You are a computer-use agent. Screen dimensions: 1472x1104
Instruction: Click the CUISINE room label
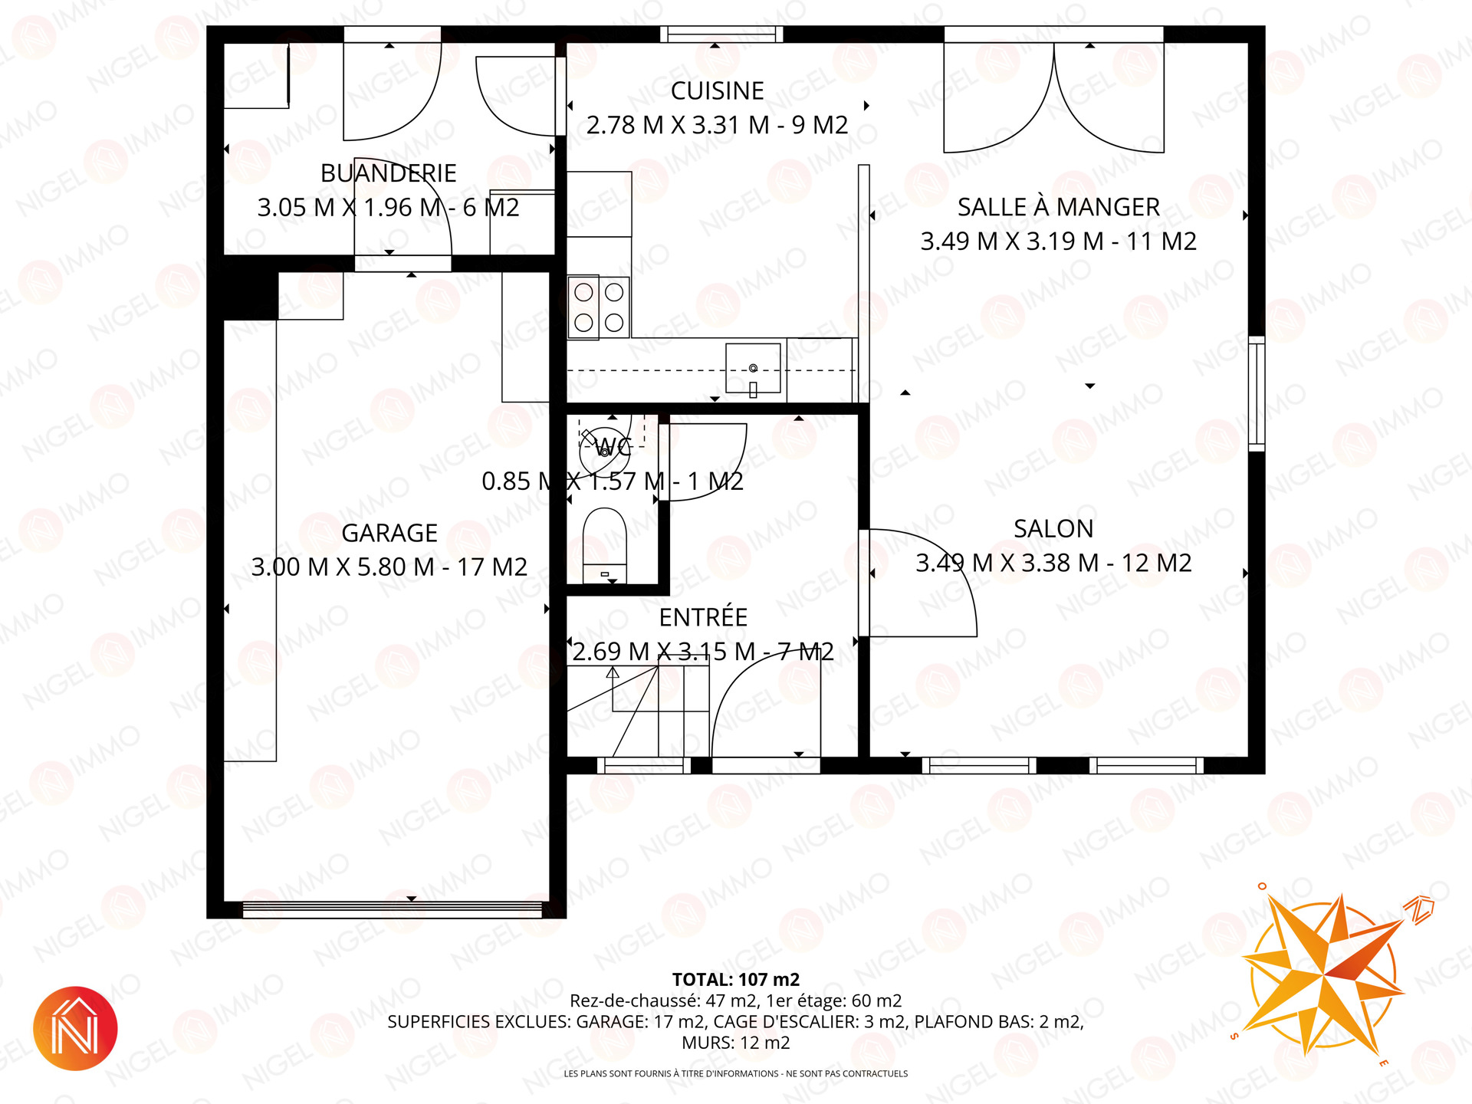pos(717,91)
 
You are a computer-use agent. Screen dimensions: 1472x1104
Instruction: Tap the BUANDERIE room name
pos(388,173)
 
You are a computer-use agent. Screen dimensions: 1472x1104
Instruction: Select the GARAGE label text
pos(389,533)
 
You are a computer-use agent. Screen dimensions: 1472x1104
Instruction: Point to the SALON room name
pos(1053,529)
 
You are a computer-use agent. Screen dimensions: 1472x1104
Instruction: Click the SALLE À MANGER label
pos(1059,207)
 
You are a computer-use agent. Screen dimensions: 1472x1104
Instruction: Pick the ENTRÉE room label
pos(703,617)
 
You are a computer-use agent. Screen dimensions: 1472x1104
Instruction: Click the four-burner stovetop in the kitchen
pos(599,307)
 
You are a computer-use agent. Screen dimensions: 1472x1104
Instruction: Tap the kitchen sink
pos(753,369)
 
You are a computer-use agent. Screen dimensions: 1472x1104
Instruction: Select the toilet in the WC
pos(605,545)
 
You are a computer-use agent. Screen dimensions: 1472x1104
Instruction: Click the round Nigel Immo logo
pos(75,1028)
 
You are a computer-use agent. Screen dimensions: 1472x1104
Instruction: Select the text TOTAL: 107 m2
pos(736,980)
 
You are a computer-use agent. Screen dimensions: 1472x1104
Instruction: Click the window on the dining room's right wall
pos(1257,393)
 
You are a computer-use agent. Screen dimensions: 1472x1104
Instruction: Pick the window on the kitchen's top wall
pos(721,34)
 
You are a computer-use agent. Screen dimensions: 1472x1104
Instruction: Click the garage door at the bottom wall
pos(393,910)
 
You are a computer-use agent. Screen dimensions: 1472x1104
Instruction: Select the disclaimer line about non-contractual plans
pos(736,1074)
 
